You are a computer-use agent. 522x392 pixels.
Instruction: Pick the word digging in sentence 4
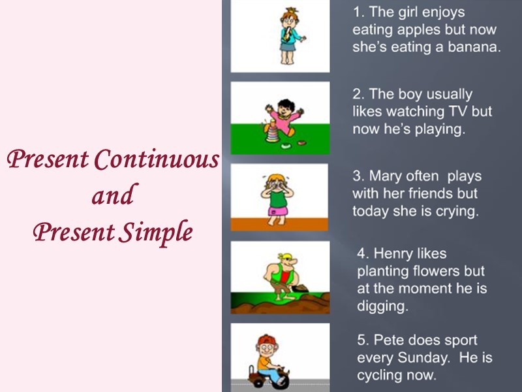point(382,306)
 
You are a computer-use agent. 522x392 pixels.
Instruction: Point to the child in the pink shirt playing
point(285,118)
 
